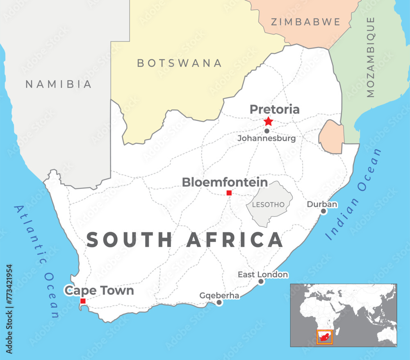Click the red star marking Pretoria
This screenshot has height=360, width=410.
pyautogui.click(x=268, y=121)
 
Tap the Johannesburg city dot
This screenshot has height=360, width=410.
pyautogui.click(x=267, y=131)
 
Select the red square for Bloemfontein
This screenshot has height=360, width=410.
pyautogui.click(x=229, y=193)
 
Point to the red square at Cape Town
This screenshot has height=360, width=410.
pyautogui.click(x=83, y=301)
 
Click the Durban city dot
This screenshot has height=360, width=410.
pyautogui.click(x=323, y=211)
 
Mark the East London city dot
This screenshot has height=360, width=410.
pyautogui.click(x=261, y=281)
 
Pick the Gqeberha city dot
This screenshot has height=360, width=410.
pyautogui.click(x=219, y=303)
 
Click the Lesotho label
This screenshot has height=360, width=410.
pyautogui.click(x=269, y=204)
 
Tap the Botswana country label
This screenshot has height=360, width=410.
pyautogui.click(x=180, y=63)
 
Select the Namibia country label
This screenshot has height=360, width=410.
pyautogui.click(x=59, y=84)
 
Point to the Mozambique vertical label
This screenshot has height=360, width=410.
pyautogui.click(x=371, y=57)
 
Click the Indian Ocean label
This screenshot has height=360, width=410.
pyautogui.click(x=353, y=194)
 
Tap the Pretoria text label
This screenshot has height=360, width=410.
pyautogui.click(x=275, y=109)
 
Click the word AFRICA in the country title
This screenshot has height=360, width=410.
pyautogui.click(x=235, y=240)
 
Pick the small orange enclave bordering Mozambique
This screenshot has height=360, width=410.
pyautogui.click(x=330, y=136)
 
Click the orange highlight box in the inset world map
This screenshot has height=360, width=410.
pyautogui.click(x=324, y=337)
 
